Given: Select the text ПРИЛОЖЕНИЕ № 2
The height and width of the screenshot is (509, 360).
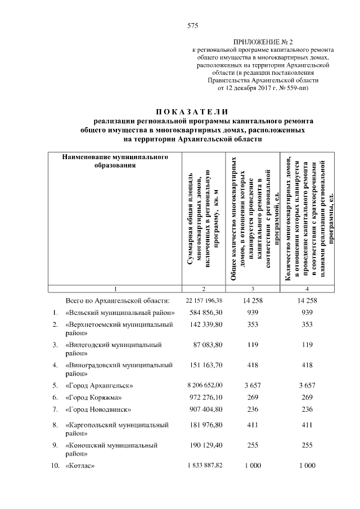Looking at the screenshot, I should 263,42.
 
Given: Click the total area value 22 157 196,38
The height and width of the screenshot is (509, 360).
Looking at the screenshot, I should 204,301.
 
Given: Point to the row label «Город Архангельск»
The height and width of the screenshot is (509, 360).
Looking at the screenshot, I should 100,386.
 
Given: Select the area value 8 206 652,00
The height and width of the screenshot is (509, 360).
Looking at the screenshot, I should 205,386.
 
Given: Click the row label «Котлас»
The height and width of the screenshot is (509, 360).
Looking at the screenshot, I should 80,466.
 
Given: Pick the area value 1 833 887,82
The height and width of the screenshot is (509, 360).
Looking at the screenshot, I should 205,466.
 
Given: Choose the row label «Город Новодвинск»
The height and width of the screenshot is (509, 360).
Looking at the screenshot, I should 98,409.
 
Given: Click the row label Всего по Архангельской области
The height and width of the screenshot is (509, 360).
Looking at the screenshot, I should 118,301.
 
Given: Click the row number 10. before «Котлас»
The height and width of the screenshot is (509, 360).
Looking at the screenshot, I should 55,466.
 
